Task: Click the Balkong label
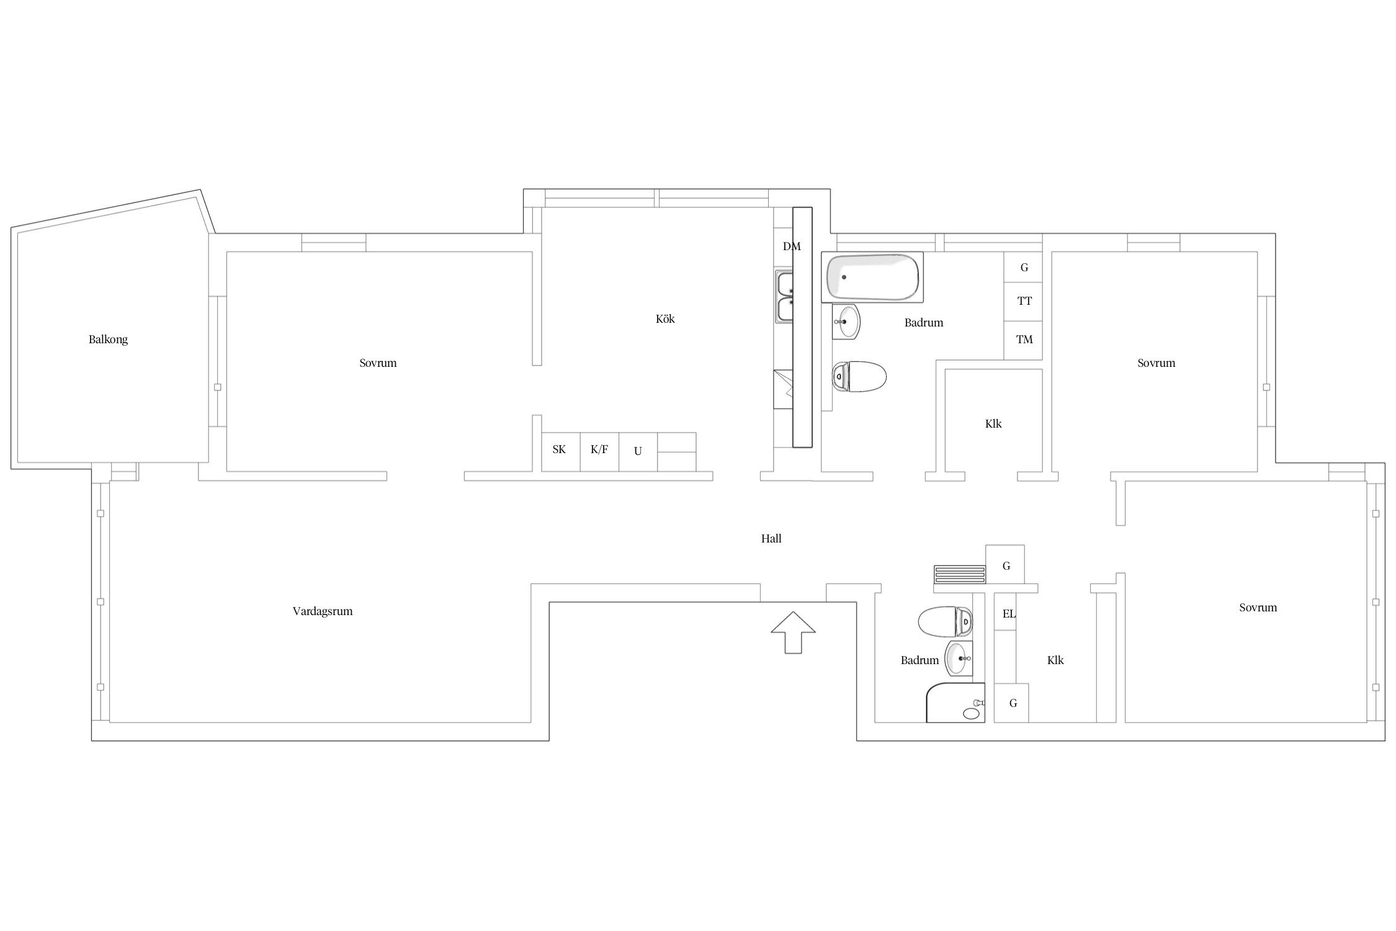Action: (108, 340)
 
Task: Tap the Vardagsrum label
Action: (323, 611)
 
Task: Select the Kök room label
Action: (665, 319)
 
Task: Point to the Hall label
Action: (771, 539)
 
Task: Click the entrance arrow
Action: (793, 632)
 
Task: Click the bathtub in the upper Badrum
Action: (872, 277)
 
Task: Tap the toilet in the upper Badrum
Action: (859, 376)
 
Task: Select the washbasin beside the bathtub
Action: (846, 322)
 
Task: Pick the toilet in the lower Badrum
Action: (945, 621)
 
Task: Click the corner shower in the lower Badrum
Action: (955, 703)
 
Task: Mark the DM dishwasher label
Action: (792, 246)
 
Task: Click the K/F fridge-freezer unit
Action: (599, 451)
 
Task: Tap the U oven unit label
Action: (638, 451)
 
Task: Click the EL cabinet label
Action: (1009, 614)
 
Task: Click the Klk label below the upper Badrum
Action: (993, 424)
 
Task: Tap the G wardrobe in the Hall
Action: (1005, 564)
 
